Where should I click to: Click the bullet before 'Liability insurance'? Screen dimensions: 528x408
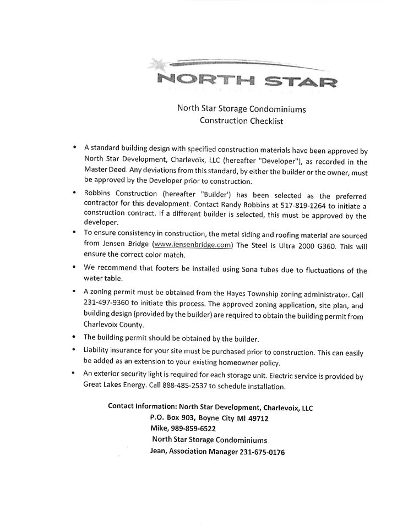coord(73,350)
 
